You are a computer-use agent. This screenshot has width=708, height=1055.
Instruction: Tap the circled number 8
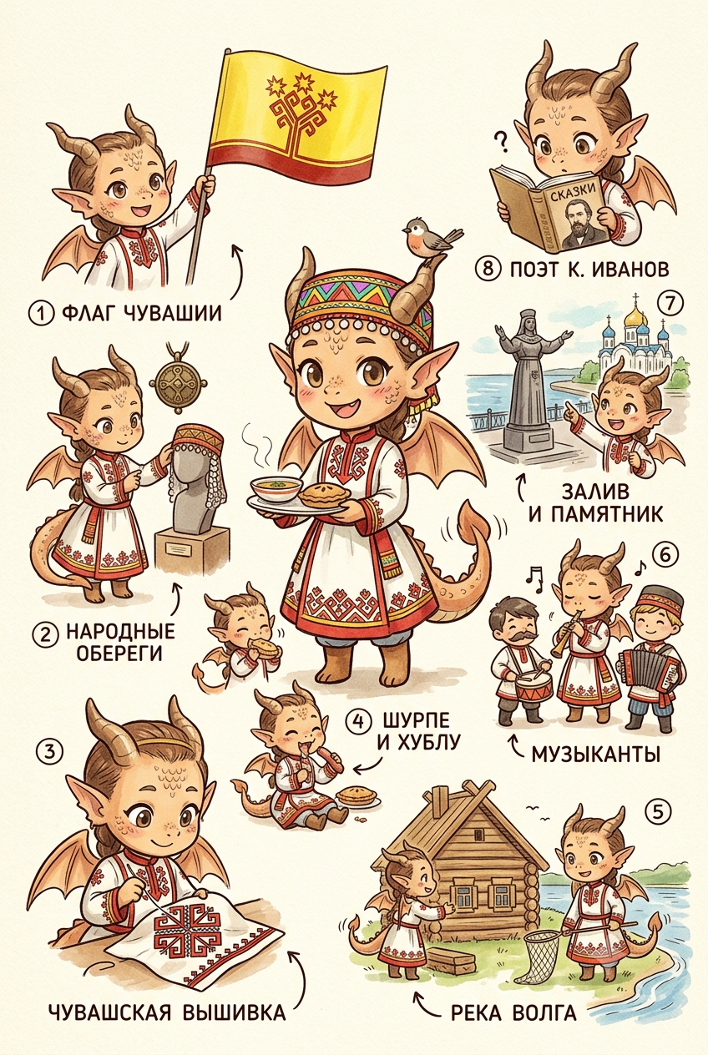click(x=488, y=269)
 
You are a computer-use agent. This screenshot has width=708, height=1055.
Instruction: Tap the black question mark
click(x=502, y=142)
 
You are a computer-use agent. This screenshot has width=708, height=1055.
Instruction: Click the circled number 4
click(x=358, y=721)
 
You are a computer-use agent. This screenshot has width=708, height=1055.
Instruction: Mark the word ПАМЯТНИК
click(x=595, y=513)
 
